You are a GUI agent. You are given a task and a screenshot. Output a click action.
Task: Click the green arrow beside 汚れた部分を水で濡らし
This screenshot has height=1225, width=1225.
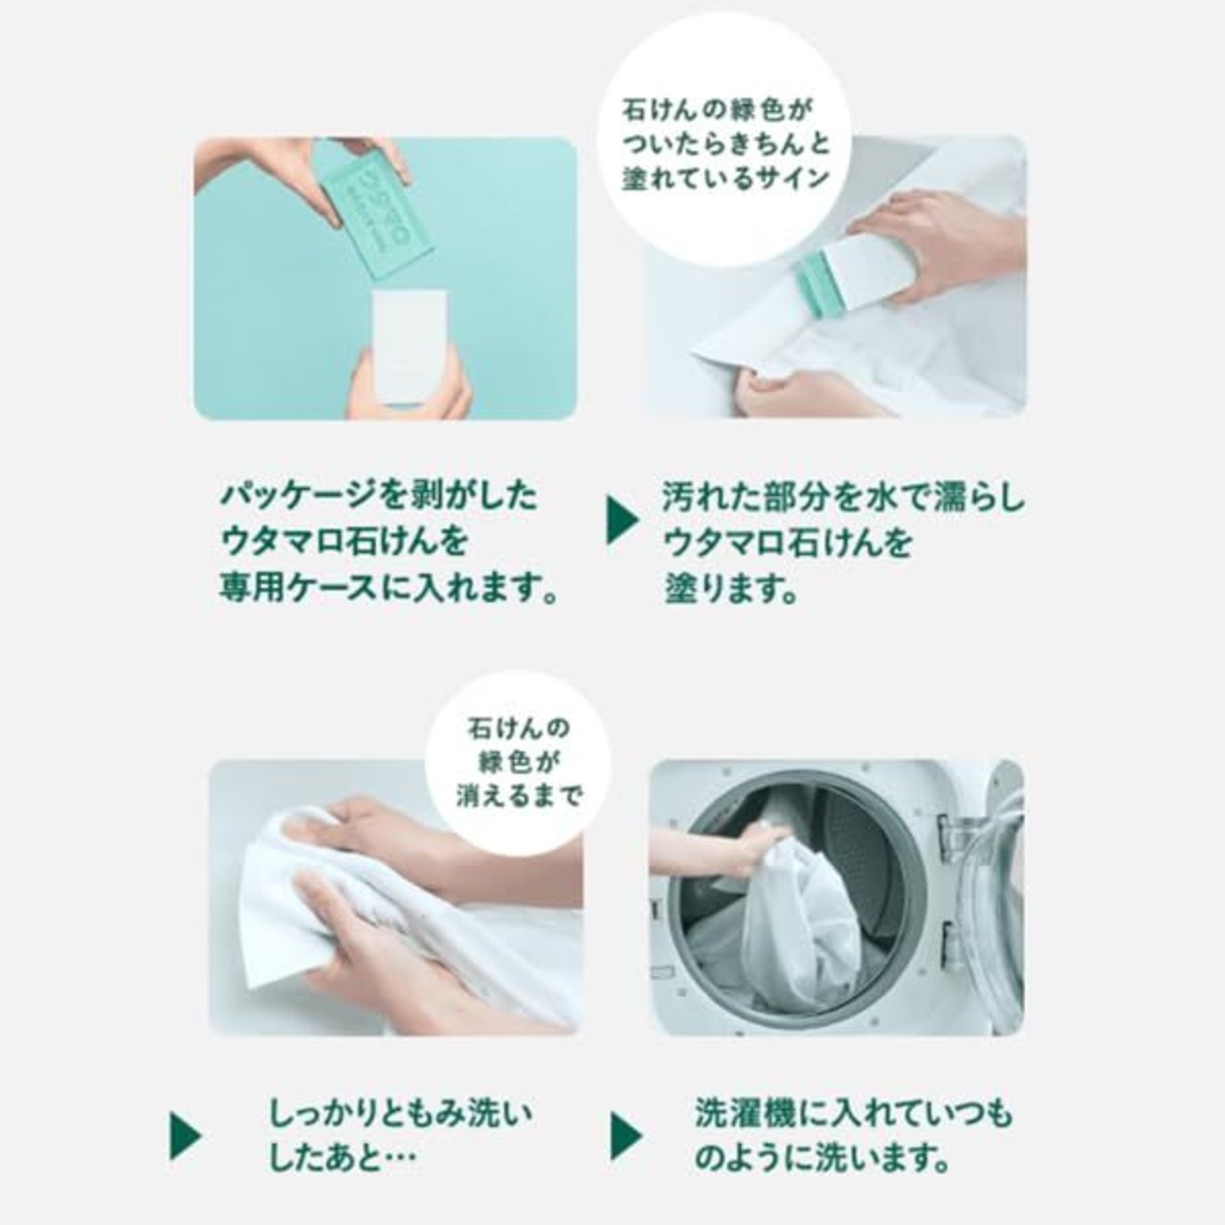622,521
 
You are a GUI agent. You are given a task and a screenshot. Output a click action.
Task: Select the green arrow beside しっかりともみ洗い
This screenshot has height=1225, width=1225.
185,1136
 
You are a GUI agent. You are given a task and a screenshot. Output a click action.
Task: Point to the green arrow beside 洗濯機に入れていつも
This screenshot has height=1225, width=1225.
626,1136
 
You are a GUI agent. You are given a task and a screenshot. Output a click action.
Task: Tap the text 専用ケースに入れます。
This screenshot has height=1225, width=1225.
390,588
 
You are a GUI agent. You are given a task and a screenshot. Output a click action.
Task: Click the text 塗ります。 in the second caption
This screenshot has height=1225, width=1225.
731,588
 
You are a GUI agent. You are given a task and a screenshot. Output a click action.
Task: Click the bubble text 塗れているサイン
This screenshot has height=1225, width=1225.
725,179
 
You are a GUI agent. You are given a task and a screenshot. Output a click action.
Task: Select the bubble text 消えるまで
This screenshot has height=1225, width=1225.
519,795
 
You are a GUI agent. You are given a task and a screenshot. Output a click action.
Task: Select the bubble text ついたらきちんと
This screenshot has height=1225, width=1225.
725,145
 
